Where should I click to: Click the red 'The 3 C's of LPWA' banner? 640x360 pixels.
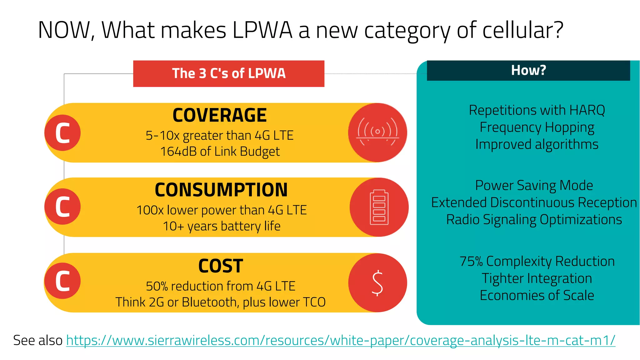(x=228, y=73)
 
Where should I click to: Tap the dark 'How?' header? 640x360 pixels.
(x=528, y=70)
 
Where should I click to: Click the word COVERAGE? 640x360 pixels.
(x=219, y=115)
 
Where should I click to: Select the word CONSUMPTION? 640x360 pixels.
(x=221, y=190)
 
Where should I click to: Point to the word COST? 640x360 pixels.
(x=220, y=266)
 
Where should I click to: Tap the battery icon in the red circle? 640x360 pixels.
(x=379, y=207)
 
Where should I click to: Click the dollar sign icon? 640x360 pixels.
(x=377, y=283)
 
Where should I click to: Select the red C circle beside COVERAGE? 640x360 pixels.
(x=62, y=133)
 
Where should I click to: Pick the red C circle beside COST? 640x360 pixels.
(x=62, y=281)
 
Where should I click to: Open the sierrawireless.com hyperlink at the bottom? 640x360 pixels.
(x=340, y=340)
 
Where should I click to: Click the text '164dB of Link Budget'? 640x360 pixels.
(x=220, y=152)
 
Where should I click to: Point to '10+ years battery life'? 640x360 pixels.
(x=221, y=226)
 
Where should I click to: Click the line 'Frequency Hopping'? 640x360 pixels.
(x=537, y=127)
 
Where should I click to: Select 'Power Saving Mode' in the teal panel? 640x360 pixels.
(x=534, y=185)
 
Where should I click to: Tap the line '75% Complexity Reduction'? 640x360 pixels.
(x=537, y=261)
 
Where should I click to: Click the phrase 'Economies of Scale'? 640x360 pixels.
(x=537, y=295)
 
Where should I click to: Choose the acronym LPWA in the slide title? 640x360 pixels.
(x=262, y=30)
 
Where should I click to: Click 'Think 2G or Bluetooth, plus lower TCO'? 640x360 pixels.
(x=220, y=302)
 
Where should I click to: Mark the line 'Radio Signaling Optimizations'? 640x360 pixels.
(x=534, y=220)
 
